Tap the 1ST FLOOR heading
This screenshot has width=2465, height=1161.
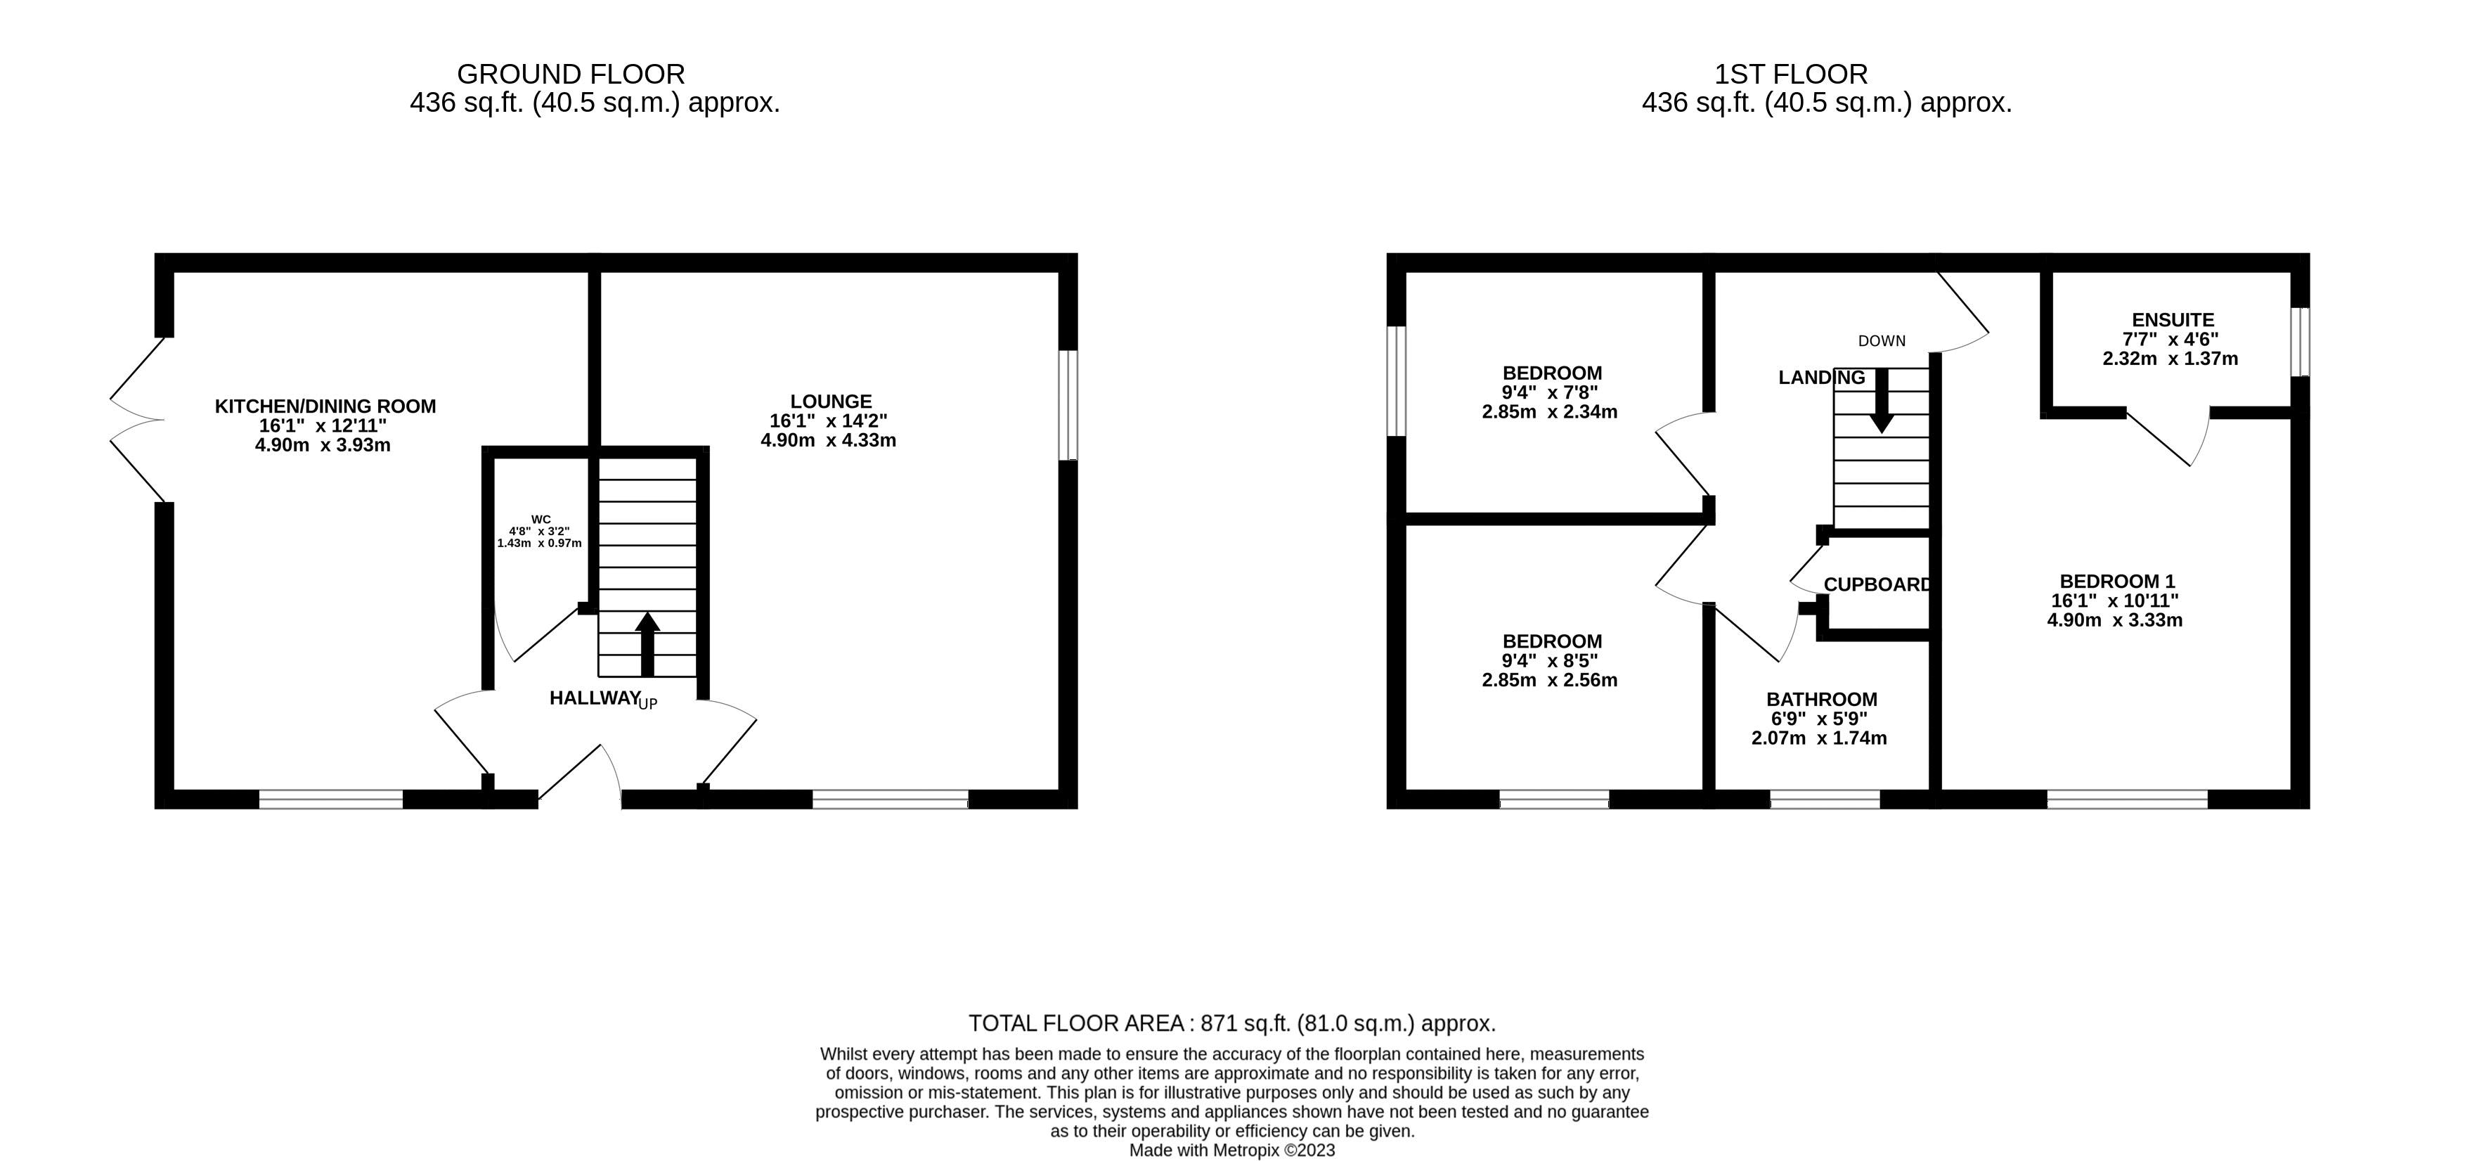tap(1790, 74)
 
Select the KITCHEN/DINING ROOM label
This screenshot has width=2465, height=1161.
tap(325, 406)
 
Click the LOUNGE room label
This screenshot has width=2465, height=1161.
tap(831, 401)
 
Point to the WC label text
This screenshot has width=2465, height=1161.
tap(541, 520)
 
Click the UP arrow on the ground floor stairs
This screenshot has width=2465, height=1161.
tap(648, 643)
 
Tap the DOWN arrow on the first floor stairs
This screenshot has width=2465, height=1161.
tap(1882, 400)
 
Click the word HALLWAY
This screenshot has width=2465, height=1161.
tap(593, 698)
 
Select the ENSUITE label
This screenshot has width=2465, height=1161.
tap(2172, 320)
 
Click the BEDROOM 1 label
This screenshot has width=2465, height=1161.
tap(2116, 581)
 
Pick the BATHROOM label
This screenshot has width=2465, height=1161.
tap(1821, 699)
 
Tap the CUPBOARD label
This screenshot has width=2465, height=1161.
tap(1877, 584)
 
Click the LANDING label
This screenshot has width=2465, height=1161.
tap(1821, 377)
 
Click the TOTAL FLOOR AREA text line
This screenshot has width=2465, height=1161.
tap(1231, 1023)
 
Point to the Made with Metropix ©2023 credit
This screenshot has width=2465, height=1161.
tap(1231, 1150)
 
